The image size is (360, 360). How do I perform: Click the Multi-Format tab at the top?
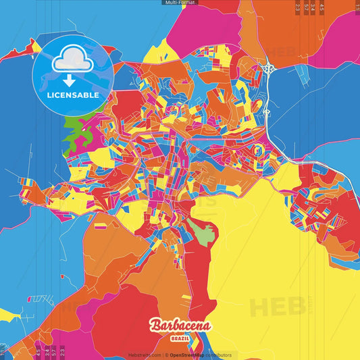(x=180, y=3)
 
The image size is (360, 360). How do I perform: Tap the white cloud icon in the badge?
(x=70, y=61)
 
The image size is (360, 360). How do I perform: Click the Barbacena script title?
(x=180, y=326)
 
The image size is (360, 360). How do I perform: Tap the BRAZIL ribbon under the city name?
(x=180, y=337)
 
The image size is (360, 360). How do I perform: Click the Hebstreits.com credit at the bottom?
(x=144, y=355)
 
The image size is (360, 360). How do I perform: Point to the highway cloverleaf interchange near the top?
(x=269, y=68)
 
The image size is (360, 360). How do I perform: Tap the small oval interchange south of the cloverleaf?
(x=267, y=111)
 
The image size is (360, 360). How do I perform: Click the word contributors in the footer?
(x=217, y=355)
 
